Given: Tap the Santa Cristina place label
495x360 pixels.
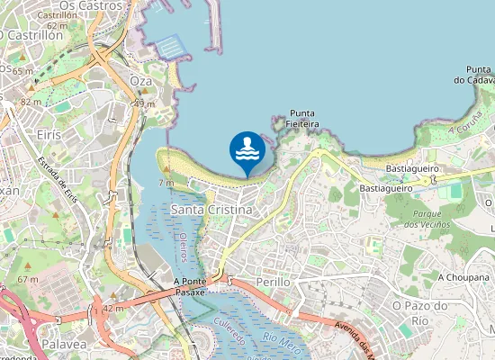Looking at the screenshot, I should pos(211,210).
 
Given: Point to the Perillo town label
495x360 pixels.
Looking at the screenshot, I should pos(274,282).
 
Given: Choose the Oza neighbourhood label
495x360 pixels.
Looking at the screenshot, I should pos(141,81).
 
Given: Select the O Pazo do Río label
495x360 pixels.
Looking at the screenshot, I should pos(418,312).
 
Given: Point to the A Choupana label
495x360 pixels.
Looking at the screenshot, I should pos(463,278).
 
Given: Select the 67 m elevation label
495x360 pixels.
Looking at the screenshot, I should pos(28,279).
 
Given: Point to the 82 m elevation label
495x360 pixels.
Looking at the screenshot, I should pos(31,102).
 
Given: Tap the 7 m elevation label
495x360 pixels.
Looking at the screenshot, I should pos(166,183).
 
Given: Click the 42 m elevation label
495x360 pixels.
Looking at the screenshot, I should pos(112,309).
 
